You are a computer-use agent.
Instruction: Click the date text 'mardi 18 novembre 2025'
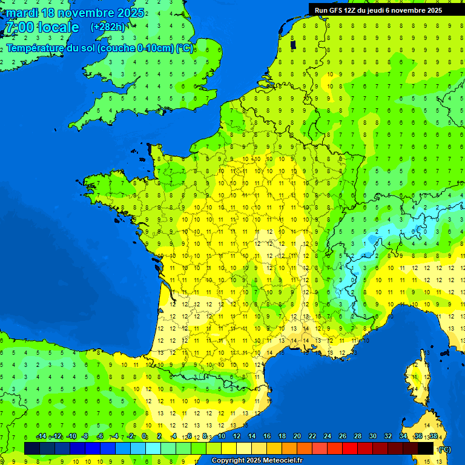click(x=76, y=13)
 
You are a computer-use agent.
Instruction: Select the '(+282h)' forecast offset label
click(x=108, y=27)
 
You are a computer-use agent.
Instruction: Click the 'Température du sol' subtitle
click(x=100, y=48)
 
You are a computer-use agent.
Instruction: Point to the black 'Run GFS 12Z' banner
click(x=378, y=10)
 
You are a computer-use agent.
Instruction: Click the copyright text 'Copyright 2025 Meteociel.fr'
click(x=257, y=461)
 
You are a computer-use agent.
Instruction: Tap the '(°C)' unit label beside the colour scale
click(x=444, y=449)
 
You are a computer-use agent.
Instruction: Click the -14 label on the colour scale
click(x=41, y=437)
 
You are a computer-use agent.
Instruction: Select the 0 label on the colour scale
click(x=144, y=437)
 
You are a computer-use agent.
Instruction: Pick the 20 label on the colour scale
click(x=297, y=437)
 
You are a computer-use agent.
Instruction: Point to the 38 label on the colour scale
click(x=433, y=437)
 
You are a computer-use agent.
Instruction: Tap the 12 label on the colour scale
click(x=236, y=437)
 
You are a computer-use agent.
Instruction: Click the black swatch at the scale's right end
click(x=426, y=448)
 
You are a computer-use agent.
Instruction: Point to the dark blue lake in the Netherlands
click(x=294, y=44)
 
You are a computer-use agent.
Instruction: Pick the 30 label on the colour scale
click(x=372, y=437)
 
